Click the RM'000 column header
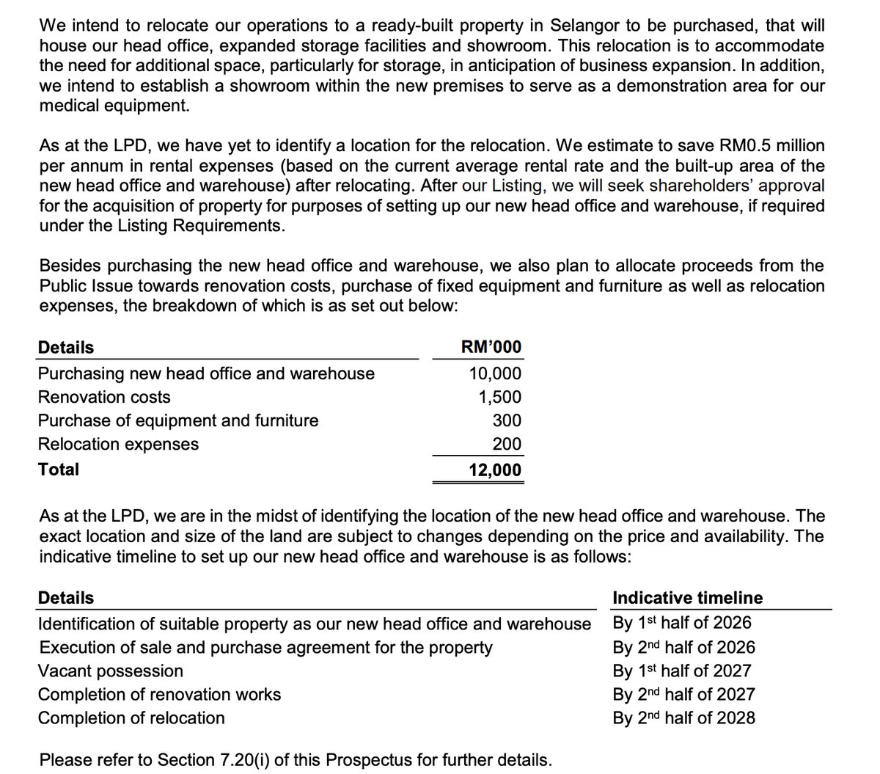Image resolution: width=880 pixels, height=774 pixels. click(x=491, y=347)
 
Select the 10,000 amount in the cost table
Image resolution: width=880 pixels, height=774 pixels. click(x=495, y=373)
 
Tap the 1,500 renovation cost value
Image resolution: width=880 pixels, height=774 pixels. click(x=500, y=397)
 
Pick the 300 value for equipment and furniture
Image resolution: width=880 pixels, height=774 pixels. click(x=507, y=420)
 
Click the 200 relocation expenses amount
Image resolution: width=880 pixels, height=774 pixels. click(x=507, y=444)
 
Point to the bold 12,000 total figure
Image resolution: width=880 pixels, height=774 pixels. click(x=495, y=470)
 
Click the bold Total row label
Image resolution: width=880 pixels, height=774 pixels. click(x=59, y=470)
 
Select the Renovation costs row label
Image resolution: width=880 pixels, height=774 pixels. click(x=104, y=397)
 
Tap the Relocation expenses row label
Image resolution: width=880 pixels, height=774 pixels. click(x=118, y=444)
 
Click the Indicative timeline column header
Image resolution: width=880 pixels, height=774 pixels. click(x=687, y=598)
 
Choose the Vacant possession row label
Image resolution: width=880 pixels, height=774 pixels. click(x=111, y=671)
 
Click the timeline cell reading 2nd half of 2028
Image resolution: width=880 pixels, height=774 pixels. click(x=683, y=718)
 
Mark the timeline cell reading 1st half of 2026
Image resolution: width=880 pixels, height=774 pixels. click(x=682, y=623)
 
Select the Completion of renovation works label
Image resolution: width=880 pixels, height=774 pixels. click(x=159, y=694)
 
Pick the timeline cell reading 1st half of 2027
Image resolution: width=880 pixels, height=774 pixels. click(x=682, y=671)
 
